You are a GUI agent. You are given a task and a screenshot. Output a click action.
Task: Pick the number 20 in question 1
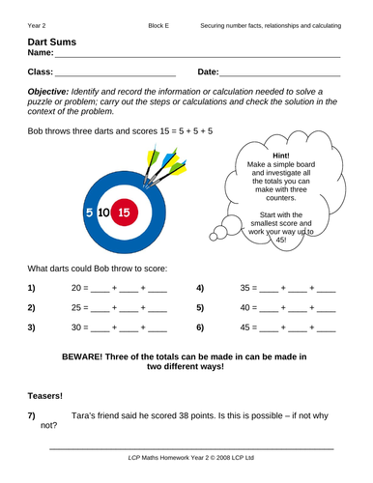click(x=80, y=288)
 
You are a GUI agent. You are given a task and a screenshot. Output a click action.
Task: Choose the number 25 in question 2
click(x=80, y=308)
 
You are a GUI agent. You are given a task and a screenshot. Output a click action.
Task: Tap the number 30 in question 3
click(x=80, y=327)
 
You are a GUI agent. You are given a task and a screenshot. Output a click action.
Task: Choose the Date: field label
click(x=208, y=71)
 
